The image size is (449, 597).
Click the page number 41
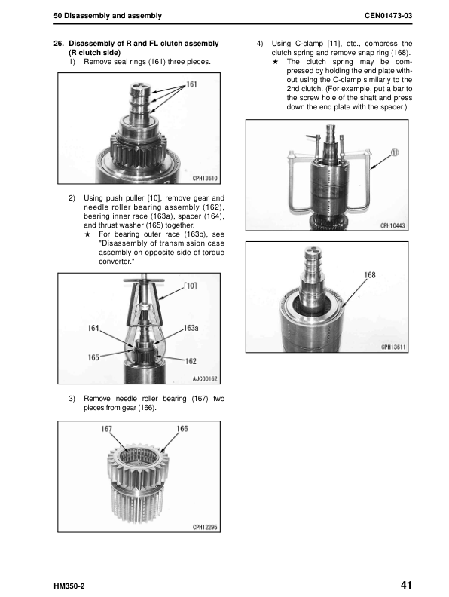point(406,584)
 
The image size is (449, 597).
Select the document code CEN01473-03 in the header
point(388,16)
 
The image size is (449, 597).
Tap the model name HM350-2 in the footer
point(69,586)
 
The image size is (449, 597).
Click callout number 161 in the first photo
point(192,84)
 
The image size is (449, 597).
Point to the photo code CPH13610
point(205,178)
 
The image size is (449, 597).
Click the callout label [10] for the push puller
point(191,286)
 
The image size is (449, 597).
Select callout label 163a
point(191,328)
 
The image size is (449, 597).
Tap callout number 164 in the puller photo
point(93,328)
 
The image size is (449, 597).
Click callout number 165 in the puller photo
point(93,357)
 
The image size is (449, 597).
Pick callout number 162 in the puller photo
point(191,361)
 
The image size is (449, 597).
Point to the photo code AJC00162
point(205,378)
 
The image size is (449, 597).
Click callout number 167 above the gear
point(106,429)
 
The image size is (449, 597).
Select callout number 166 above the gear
point(182,429)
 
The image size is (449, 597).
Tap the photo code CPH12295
point(205,527)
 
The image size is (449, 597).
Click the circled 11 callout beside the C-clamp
point(395,152)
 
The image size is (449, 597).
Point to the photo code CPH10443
point(392,226)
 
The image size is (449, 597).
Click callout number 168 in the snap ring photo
point(370,275)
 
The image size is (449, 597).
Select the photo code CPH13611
point(393,347)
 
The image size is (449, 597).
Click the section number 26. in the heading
point(59,44)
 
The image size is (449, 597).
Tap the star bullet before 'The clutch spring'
point(276,62)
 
